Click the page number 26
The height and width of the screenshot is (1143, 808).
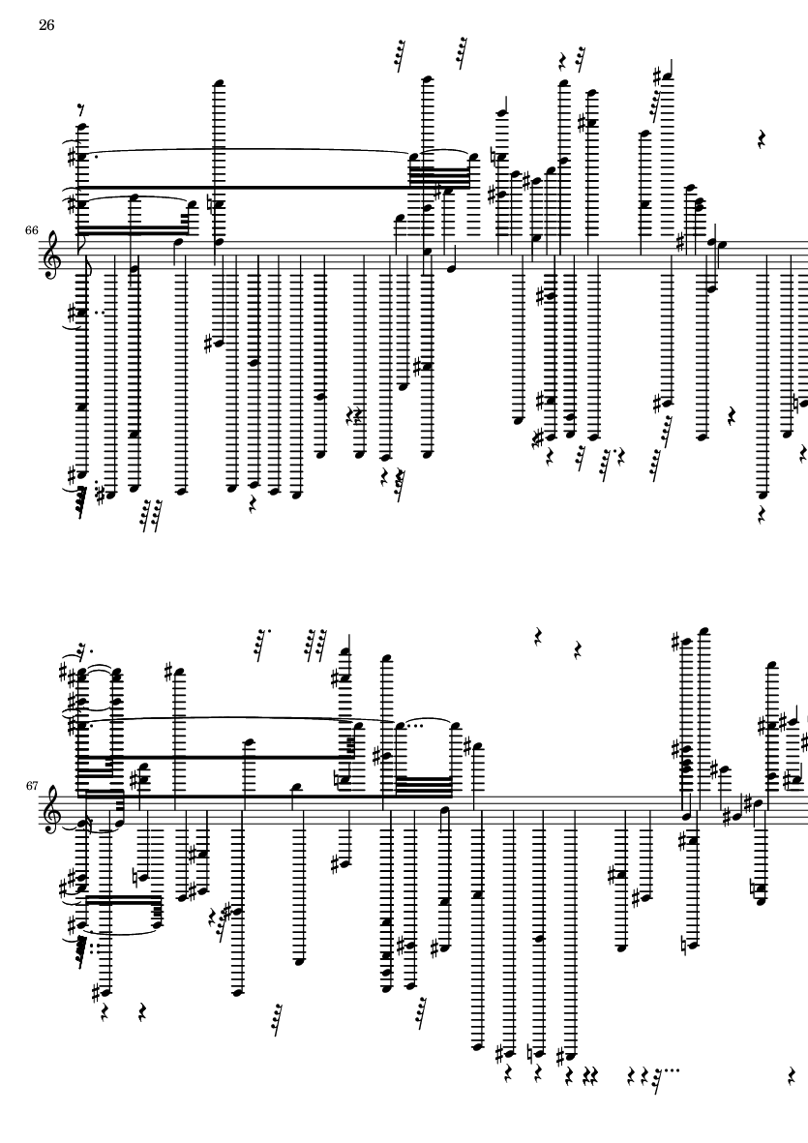45,26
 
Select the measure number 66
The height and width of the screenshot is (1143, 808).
32,230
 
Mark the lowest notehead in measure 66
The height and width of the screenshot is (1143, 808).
763,495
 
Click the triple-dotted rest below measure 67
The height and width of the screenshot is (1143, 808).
659,1076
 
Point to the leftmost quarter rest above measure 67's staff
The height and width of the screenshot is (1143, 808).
538,637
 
